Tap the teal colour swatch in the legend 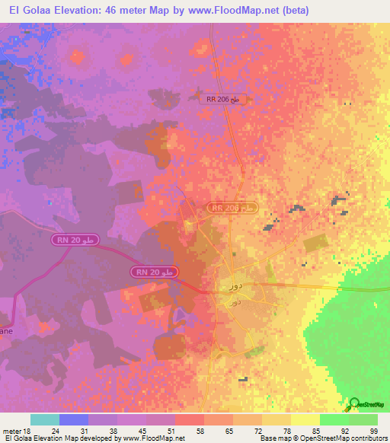(45, 419)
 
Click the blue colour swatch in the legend (74, 419)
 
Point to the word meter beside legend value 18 (10, 431)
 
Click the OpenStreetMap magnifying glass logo (354, 405)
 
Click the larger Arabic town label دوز (235, 286)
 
